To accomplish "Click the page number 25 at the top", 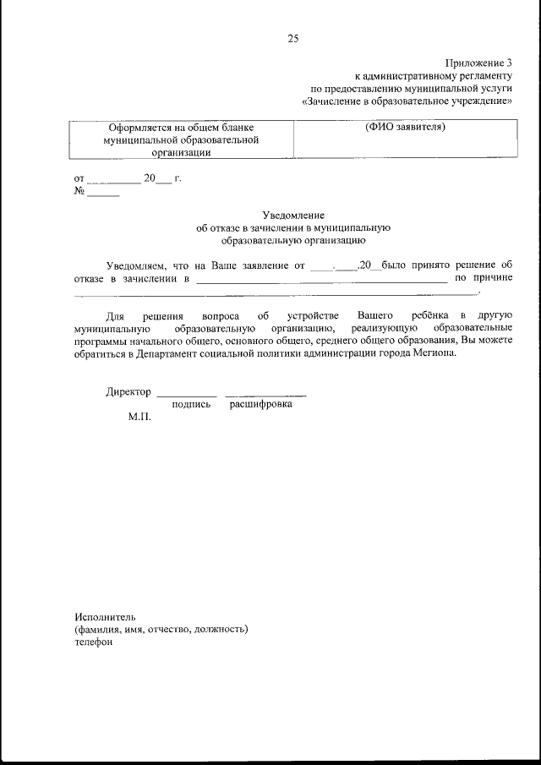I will pos(292,38).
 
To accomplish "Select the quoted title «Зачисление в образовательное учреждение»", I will pos(407,101).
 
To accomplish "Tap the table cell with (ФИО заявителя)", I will pos(405,128).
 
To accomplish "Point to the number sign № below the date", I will pos(80,191).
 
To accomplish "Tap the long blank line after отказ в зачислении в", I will pos(321,279).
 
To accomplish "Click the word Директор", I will pos(128,391).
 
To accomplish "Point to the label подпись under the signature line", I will pos(190,405).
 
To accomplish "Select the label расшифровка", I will pos(260,405).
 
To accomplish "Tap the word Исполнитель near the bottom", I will pos(104,615).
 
